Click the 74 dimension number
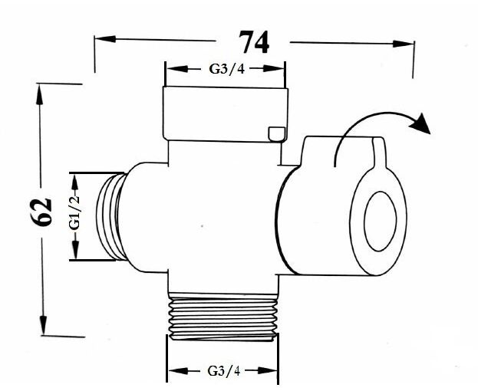254,42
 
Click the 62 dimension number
41,212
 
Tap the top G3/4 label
227,69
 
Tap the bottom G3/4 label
224,371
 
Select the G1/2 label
74,212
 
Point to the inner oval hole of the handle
380,222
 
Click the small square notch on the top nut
277,134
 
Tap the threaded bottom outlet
223,317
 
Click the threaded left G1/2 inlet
111,217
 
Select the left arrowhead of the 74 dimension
105,39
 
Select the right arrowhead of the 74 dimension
404,44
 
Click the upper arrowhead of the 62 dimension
39,94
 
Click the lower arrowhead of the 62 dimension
43,325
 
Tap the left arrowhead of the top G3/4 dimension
177,69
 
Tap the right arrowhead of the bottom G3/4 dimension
268,370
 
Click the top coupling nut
226,114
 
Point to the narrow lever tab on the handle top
380,153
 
